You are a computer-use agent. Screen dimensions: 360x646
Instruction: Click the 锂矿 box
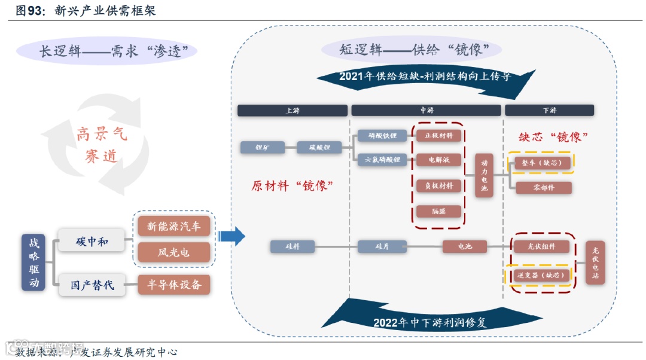click(x=262, y=147)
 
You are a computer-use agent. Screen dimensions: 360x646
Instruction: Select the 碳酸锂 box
click(x=320, y=147)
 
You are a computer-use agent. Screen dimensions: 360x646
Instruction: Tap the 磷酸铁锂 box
click(x=382, y=136)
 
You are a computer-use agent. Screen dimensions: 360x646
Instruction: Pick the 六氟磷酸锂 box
click(x=382, y=160)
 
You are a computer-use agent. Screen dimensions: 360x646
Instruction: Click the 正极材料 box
click(x=438, y=136)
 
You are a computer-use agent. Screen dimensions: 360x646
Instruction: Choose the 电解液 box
click(x=438, y=160)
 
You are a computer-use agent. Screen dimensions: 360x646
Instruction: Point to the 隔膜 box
click(x=438, y=210)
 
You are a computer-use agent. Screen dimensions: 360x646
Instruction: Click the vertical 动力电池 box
click(x=484, y=175)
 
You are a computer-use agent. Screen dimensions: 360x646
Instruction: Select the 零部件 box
click(x=543, y=188)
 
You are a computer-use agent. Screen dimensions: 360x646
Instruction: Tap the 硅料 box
click(x=292, y=246)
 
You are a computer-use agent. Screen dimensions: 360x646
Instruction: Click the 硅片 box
click(x=382, y=246)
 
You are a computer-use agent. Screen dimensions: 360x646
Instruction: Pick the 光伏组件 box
click(x=541, y=246)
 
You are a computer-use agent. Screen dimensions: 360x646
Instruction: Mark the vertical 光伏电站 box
click(x=595, y=263)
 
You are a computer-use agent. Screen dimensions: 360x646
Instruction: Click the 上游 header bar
click(x=292, y=111)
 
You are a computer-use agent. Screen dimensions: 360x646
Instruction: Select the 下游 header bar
click(x=549, y=111)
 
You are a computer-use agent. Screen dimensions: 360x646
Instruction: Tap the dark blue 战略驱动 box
click(x=33, y=263)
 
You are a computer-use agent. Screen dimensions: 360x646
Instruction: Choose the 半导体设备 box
click(x=175, y=285)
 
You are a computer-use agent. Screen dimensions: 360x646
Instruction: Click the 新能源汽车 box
click(x=174, y=226)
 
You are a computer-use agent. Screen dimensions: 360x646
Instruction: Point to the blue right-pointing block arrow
click(x=231, y=236)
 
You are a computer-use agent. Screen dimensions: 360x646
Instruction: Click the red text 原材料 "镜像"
click(x=292, y=186)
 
